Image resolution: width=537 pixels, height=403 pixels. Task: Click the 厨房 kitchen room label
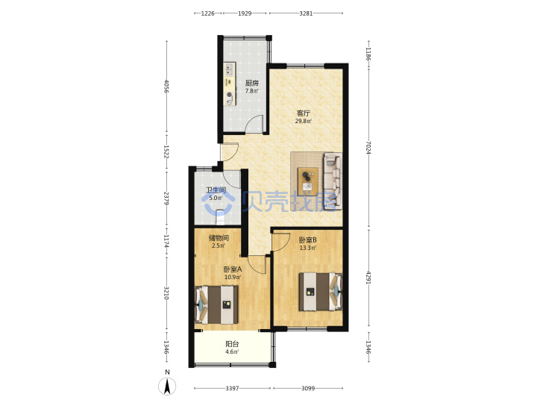[x=252, y=84]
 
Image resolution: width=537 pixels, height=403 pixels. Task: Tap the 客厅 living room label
[x=304, y=113]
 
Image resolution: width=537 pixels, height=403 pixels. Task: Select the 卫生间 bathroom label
[x=216, y=190]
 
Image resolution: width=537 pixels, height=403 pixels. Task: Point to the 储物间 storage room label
[x=219, y=238]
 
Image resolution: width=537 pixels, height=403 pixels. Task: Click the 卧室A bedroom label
[x=233, y=269]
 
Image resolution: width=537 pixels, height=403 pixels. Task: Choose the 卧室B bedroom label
[x=307, y=240]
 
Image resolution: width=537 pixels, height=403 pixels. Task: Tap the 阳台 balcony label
[x=232, y=344]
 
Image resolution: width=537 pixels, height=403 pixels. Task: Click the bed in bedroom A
[x=216, y=305]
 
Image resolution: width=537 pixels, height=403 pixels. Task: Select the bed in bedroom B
[x=321, y=291]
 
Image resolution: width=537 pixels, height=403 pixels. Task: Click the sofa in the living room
[x=333, y=181]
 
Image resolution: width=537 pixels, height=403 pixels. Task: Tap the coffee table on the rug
[x=308, y=181]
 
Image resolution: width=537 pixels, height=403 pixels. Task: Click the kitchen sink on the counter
[x=229, y=69]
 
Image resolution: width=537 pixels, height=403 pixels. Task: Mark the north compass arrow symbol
[x=167, y=387]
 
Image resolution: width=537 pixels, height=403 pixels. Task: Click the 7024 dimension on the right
[x=368, y=147]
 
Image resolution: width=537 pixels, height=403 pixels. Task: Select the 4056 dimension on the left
[x=167, y=87]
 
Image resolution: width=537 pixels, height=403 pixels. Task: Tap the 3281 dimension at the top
[x=306, y=13]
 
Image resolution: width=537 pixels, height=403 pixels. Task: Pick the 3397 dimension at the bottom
[x=232, y=388]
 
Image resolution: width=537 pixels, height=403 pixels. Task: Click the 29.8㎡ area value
[x=304, y=121]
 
